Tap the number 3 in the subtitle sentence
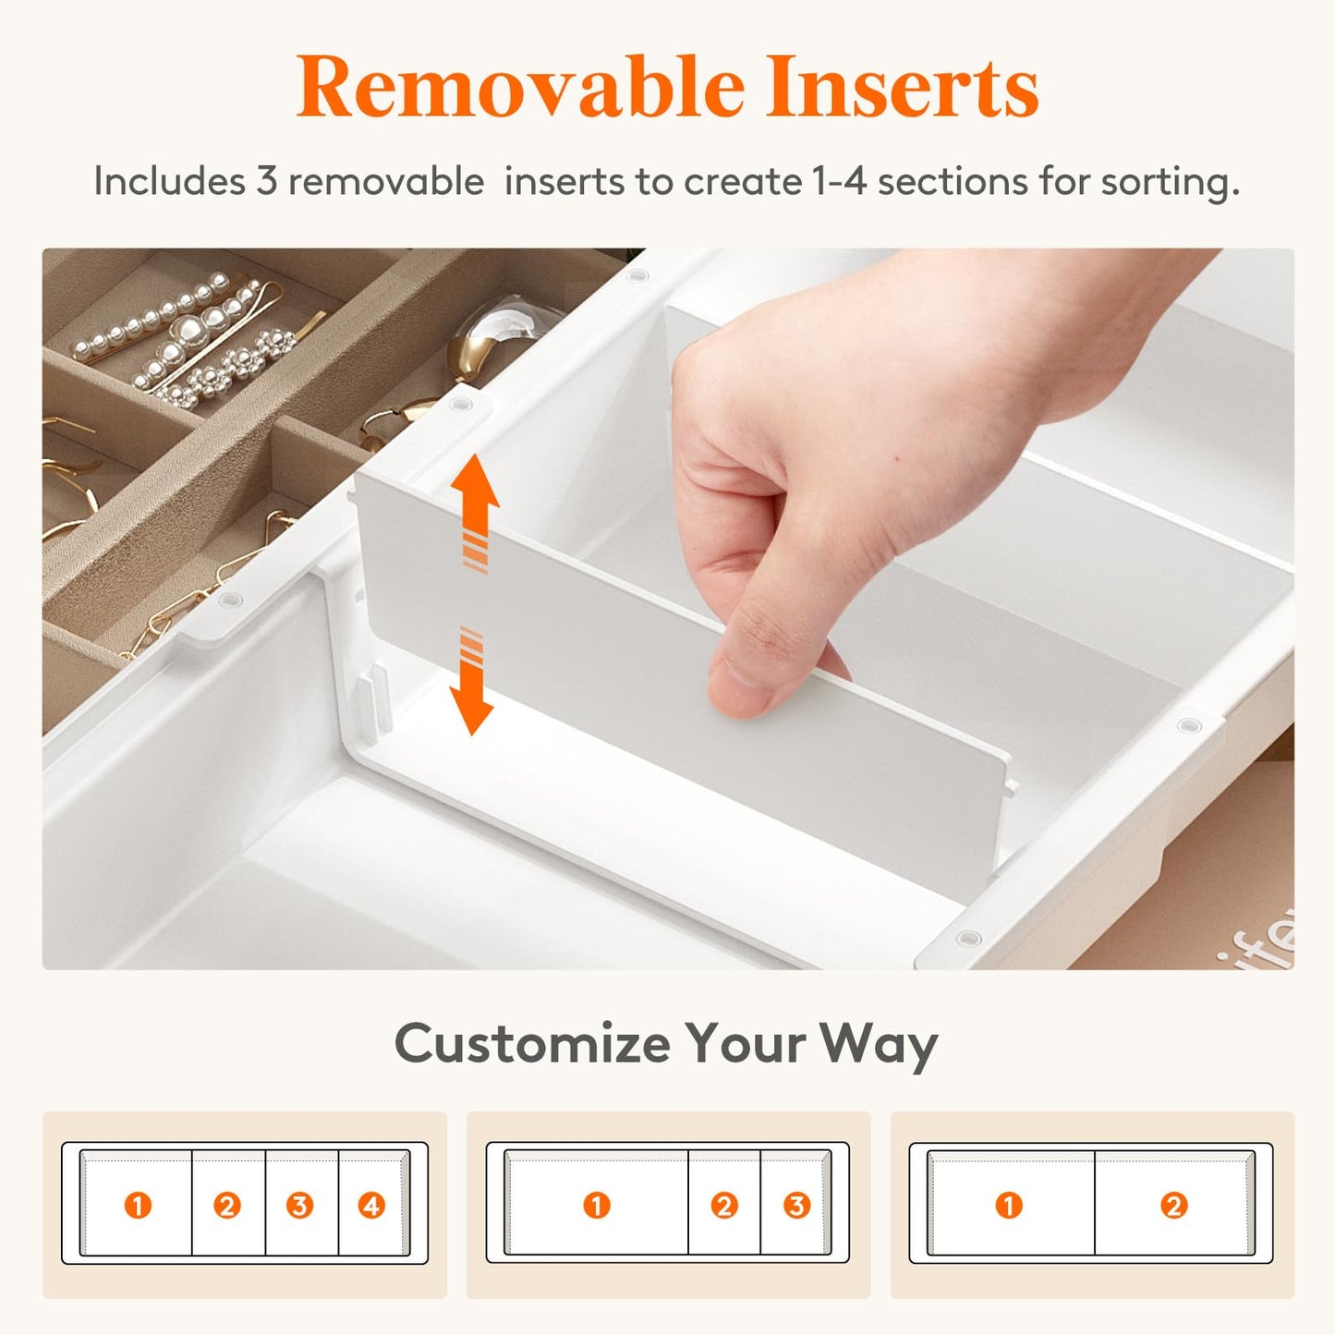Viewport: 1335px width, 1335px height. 266,181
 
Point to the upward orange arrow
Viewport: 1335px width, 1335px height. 476,508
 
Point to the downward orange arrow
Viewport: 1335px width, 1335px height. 472,684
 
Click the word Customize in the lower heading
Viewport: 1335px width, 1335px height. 532,1044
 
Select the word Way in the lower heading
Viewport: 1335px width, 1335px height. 878,1044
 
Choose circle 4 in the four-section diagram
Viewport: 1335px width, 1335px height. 371,1205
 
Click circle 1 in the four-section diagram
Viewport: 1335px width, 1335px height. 138,1205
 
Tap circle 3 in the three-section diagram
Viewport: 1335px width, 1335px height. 795,1205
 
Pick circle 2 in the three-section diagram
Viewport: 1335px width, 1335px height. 723,1205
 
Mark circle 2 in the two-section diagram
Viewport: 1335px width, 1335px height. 1173,1205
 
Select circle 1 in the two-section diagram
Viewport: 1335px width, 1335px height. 1009,1205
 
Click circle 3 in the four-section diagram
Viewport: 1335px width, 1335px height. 299,1205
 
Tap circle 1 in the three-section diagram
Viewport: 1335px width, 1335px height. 597,1205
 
